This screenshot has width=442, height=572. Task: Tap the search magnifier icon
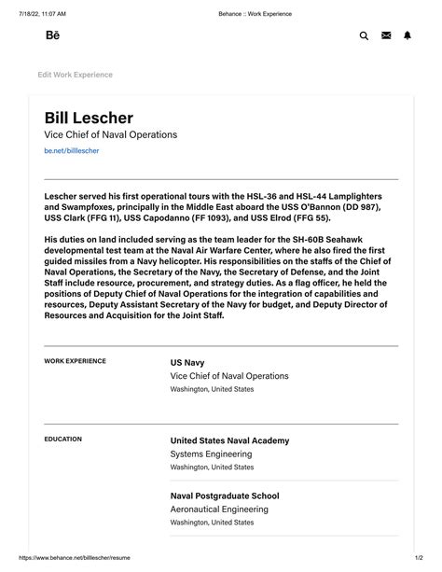364,35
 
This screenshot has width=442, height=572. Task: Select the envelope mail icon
386,35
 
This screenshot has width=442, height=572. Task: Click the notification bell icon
407,35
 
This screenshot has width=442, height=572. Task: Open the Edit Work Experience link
75,75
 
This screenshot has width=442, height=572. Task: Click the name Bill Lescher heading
89,118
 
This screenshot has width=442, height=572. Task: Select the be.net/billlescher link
72,150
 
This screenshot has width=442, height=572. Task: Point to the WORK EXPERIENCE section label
75,361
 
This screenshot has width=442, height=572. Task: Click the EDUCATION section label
62,439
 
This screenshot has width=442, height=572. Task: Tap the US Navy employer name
187,361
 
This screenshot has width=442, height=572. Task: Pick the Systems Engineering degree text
211,454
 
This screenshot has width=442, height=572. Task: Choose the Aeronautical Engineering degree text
219,509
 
